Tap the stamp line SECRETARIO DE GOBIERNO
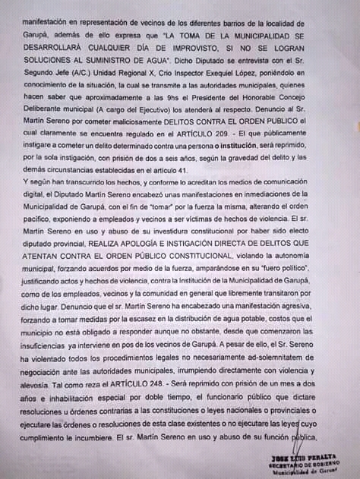coord(309,466)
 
